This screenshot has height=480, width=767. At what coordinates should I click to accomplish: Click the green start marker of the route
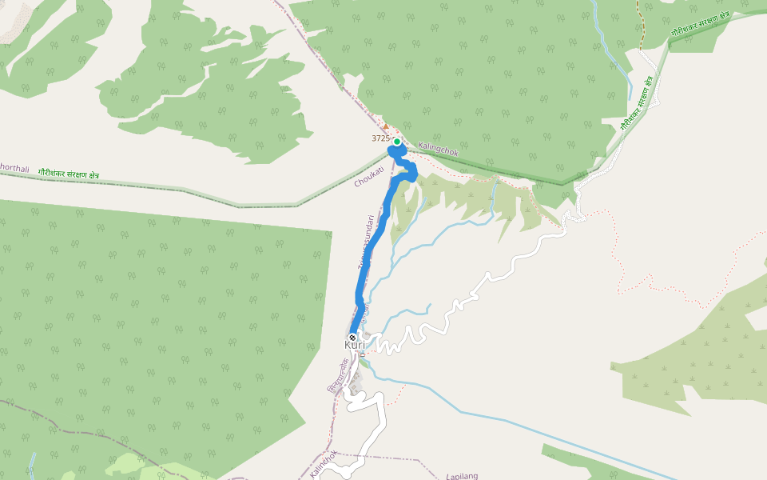pos(396,142)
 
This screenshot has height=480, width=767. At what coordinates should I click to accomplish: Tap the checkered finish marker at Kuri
pos(352,338)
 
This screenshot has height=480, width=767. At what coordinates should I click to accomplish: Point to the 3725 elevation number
pos(380,138)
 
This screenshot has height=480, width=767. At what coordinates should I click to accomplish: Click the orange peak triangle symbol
pos(386,126)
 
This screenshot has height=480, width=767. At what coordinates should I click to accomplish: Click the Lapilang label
pos(463,476)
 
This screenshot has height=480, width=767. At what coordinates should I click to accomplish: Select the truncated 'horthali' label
pos(14,169)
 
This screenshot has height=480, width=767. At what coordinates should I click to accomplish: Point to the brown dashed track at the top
pos(640,24)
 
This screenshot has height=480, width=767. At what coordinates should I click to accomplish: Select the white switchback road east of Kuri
pos(447,312)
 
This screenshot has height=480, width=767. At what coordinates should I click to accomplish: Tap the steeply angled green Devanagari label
pos(638,103)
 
